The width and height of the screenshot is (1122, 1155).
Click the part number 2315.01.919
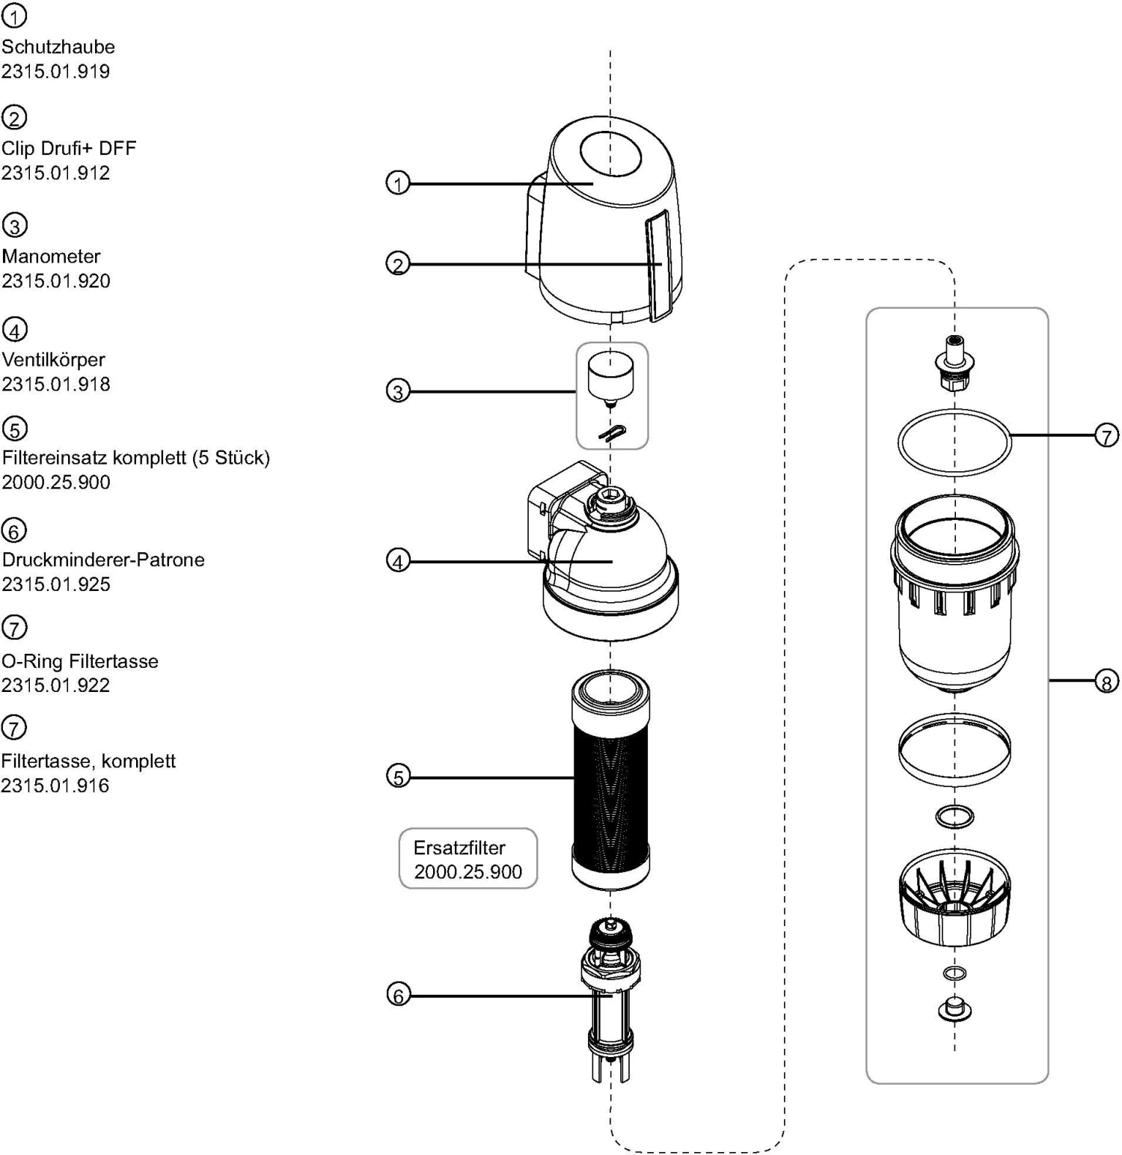(x=55, y=72)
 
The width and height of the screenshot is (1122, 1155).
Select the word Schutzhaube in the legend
(x=58, y=47)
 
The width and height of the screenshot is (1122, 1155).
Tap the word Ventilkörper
(x=53, y=360)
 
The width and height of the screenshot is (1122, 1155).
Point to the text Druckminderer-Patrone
(x=103, y=560)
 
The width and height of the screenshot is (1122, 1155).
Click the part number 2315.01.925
(x=56, y=584)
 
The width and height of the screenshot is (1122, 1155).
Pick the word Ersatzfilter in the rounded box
(x=459, y=848)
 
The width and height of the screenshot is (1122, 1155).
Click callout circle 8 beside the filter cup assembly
(x=1106, y=681)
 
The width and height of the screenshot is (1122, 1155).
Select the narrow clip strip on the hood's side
(x=659, y=265)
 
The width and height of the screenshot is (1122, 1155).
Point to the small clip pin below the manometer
(x=613, y=432)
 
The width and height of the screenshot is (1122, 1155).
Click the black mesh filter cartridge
(x=610, y=778)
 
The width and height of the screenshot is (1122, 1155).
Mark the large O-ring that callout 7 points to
(x=954, y=443)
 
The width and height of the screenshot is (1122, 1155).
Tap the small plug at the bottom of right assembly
(x=954, y=1008)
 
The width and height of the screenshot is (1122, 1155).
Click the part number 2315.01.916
(x=55, y=786)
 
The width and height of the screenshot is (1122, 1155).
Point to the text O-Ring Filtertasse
(x=80, y=661)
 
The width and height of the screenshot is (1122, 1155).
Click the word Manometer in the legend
(x=51, y=257)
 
